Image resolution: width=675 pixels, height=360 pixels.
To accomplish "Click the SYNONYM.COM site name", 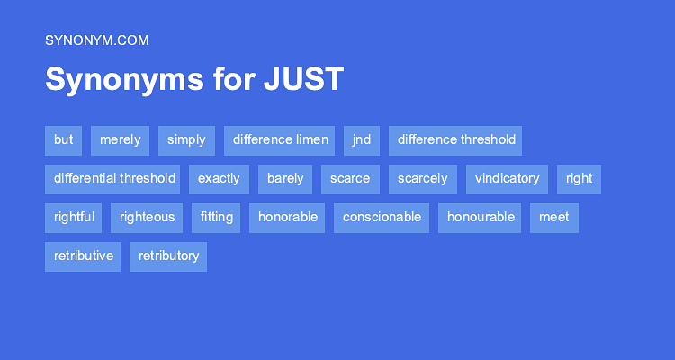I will click(96, 40).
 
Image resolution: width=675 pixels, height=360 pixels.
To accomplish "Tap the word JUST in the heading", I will click(303, 79).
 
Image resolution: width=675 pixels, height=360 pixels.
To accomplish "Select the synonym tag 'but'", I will click(63, 140).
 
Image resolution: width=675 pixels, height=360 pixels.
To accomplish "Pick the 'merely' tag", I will click(120, 140).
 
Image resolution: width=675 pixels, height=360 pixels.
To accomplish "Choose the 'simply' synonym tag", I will click(186, 140).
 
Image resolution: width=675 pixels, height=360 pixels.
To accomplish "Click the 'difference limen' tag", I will click(279, 140).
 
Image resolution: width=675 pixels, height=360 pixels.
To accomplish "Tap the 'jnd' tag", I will click(361, 140).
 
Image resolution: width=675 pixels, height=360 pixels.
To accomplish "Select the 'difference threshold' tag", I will click(456, 140).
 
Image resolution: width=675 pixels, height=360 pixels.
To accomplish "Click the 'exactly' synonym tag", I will click(219, 179).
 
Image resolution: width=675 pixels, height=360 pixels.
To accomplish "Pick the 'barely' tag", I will click(284, 179).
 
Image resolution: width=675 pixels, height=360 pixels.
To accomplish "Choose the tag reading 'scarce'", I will click(350, 179).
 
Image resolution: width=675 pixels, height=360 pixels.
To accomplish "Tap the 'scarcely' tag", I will click(422, 179).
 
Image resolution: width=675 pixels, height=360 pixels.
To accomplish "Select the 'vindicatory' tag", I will click(507, 179).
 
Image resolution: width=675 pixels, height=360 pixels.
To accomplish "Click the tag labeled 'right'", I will click(579, 179).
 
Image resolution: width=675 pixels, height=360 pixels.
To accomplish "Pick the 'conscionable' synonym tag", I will click(381, 218).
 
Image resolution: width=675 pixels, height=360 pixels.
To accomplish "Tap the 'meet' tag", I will click(553, 218).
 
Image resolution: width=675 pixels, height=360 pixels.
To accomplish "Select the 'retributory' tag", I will click(168, 256).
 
